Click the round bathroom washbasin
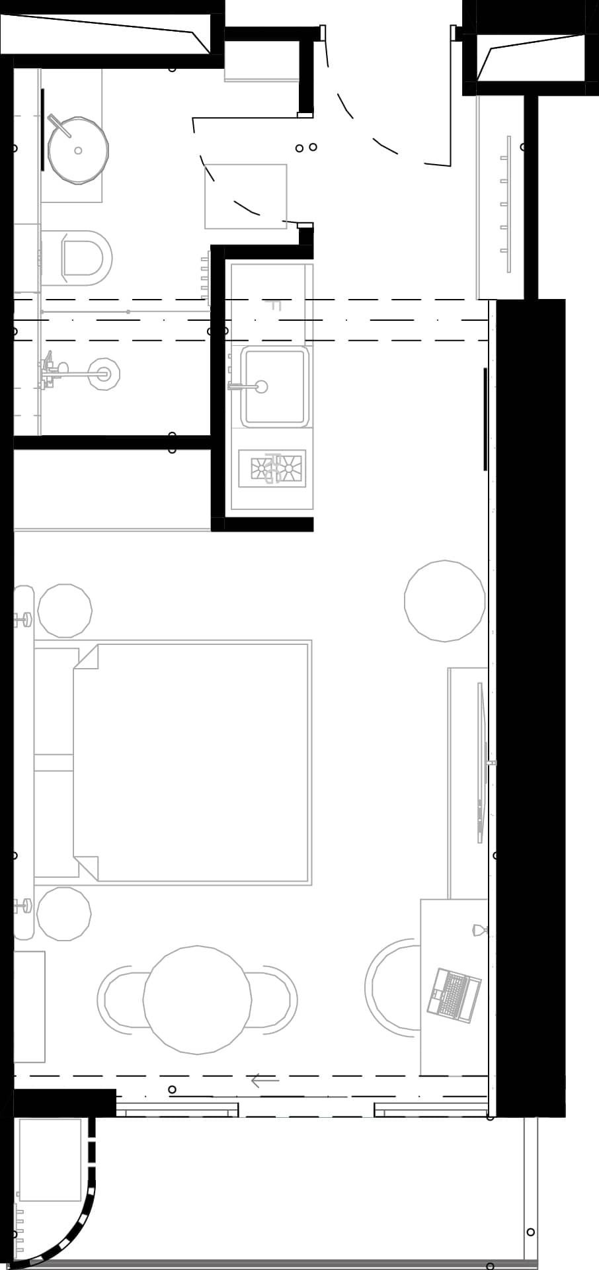[78, 150]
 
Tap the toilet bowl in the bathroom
[84, 257]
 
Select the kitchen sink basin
[274, 387]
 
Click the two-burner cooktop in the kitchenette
[272, 468]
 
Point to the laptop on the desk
[454, 995]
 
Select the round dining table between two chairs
[197, 999]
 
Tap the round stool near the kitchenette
[444, 601]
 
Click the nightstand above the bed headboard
[65, 611]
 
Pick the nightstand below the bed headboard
[63, 913]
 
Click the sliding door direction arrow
[264, 1081]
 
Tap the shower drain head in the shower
[104, 374]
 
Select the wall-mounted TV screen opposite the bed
[481, 762]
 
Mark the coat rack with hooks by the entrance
[506, 204]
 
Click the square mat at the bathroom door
[245, 196]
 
